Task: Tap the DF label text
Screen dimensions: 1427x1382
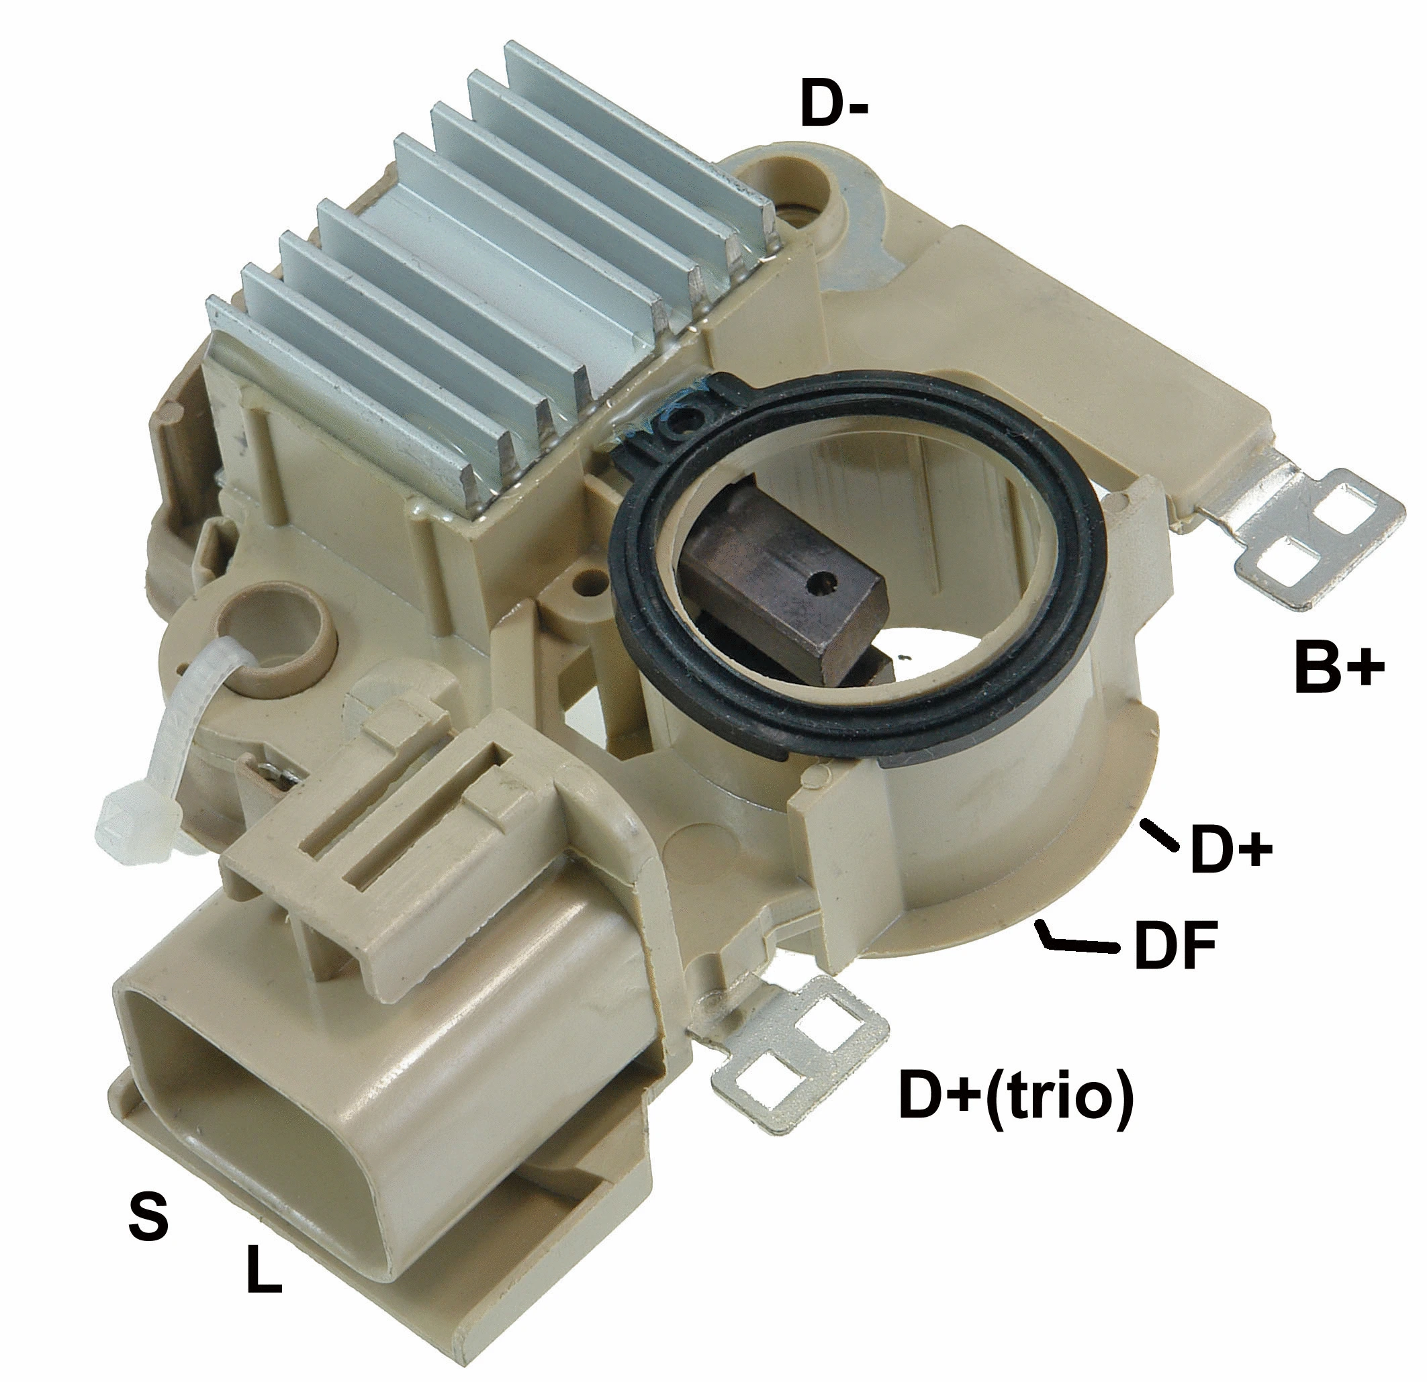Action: point(1175,946)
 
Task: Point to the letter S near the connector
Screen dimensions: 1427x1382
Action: point(148,1216)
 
